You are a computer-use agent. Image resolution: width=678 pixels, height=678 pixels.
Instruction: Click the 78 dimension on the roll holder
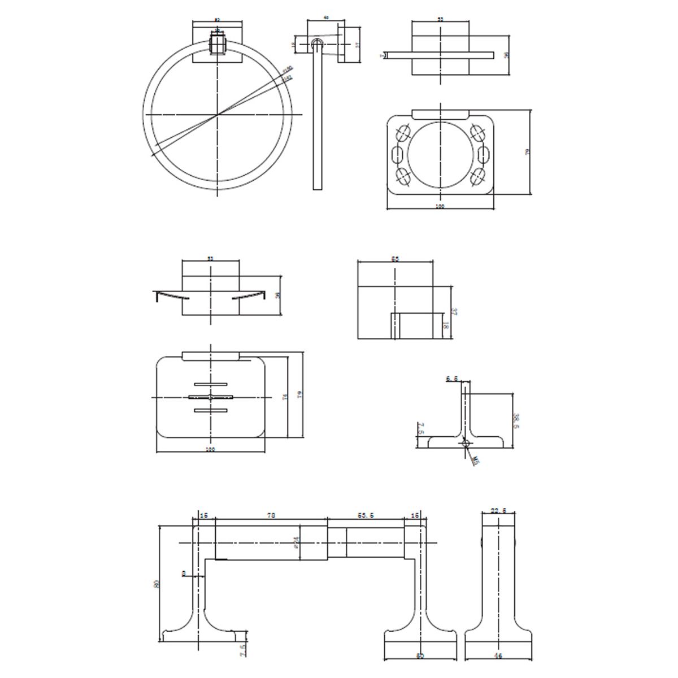pyautogui.click(x=271, y=515)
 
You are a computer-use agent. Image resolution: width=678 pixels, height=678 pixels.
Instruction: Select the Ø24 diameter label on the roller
pyautogui.click(x=297, y=544)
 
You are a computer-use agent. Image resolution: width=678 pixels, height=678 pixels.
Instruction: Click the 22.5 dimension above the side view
pyautogui.click(x=498, y=510)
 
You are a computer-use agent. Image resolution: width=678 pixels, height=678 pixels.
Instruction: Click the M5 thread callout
pyautogui.click(x=476, y=460)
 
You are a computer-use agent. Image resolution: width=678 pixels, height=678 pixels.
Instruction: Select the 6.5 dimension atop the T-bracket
pyautogui.click(x=451, y=379)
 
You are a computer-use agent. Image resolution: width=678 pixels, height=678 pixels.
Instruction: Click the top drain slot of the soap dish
pyautogui.click(x=210, y=384)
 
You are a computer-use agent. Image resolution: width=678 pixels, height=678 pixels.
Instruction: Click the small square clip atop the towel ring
pyautogui.click(x=217, y=43)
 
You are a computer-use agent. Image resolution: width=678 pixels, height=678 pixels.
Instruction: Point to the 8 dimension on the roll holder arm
pyautogui.click(x=184, y=573)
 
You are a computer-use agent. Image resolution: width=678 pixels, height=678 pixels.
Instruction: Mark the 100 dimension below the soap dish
pyautogui.click(x=210, y=450)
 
